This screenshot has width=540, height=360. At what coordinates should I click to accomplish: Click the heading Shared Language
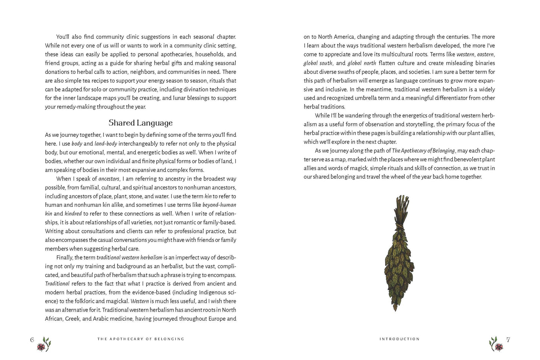point(141,123)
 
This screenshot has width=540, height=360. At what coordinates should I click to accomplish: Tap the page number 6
point(32,339)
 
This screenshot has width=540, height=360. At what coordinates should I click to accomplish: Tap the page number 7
point(508,339)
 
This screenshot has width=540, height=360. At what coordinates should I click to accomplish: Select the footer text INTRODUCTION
point(399,339)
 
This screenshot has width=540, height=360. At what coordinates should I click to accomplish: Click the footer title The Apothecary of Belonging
point(141,339)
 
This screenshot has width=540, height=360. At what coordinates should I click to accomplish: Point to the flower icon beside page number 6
point(44,344)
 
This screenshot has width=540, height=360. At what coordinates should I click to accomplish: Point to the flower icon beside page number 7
point(496,344)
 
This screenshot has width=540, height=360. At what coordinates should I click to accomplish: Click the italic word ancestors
point(109,179)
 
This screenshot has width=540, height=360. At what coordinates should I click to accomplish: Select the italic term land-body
point(106,144)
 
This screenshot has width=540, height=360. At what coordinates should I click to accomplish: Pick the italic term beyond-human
point(219,205)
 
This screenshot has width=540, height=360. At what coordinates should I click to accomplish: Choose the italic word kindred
point(73,214)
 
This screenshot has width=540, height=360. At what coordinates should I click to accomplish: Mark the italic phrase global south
point(318,63)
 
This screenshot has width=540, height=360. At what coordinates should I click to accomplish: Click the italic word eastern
point(485,55)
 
